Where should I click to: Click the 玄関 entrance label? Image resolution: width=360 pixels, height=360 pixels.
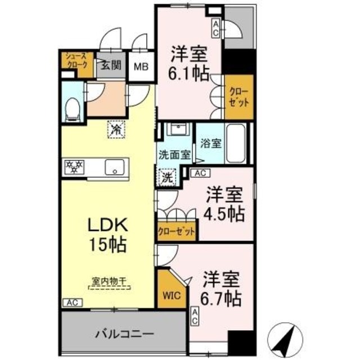click(x=111, y=65)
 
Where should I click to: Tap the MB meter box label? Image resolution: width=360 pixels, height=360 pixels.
click(x=141, y=65)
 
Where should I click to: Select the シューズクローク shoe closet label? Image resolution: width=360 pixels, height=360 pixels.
click(x=75, y=60)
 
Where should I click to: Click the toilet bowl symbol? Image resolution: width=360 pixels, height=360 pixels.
click(x=71, y=109)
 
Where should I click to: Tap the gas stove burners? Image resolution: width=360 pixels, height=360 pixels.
click(x=75, y=166)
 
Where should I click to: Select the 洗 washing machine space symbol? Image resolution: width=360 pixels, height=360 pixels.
click(x=167, y=179)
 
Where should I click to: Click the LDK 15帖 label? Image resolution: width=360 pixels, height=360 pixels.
click(x=107, y=235)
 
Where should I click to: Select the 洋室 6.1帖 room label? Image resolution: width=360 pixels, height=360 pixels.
click(x=189, y=62)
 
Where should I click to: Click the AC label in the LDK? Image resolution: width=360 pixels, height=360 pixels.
click(x=71, y=302)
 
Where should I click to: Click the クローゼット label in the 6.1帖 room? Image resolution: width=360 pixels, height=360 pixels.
click(x=239, y=100)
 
